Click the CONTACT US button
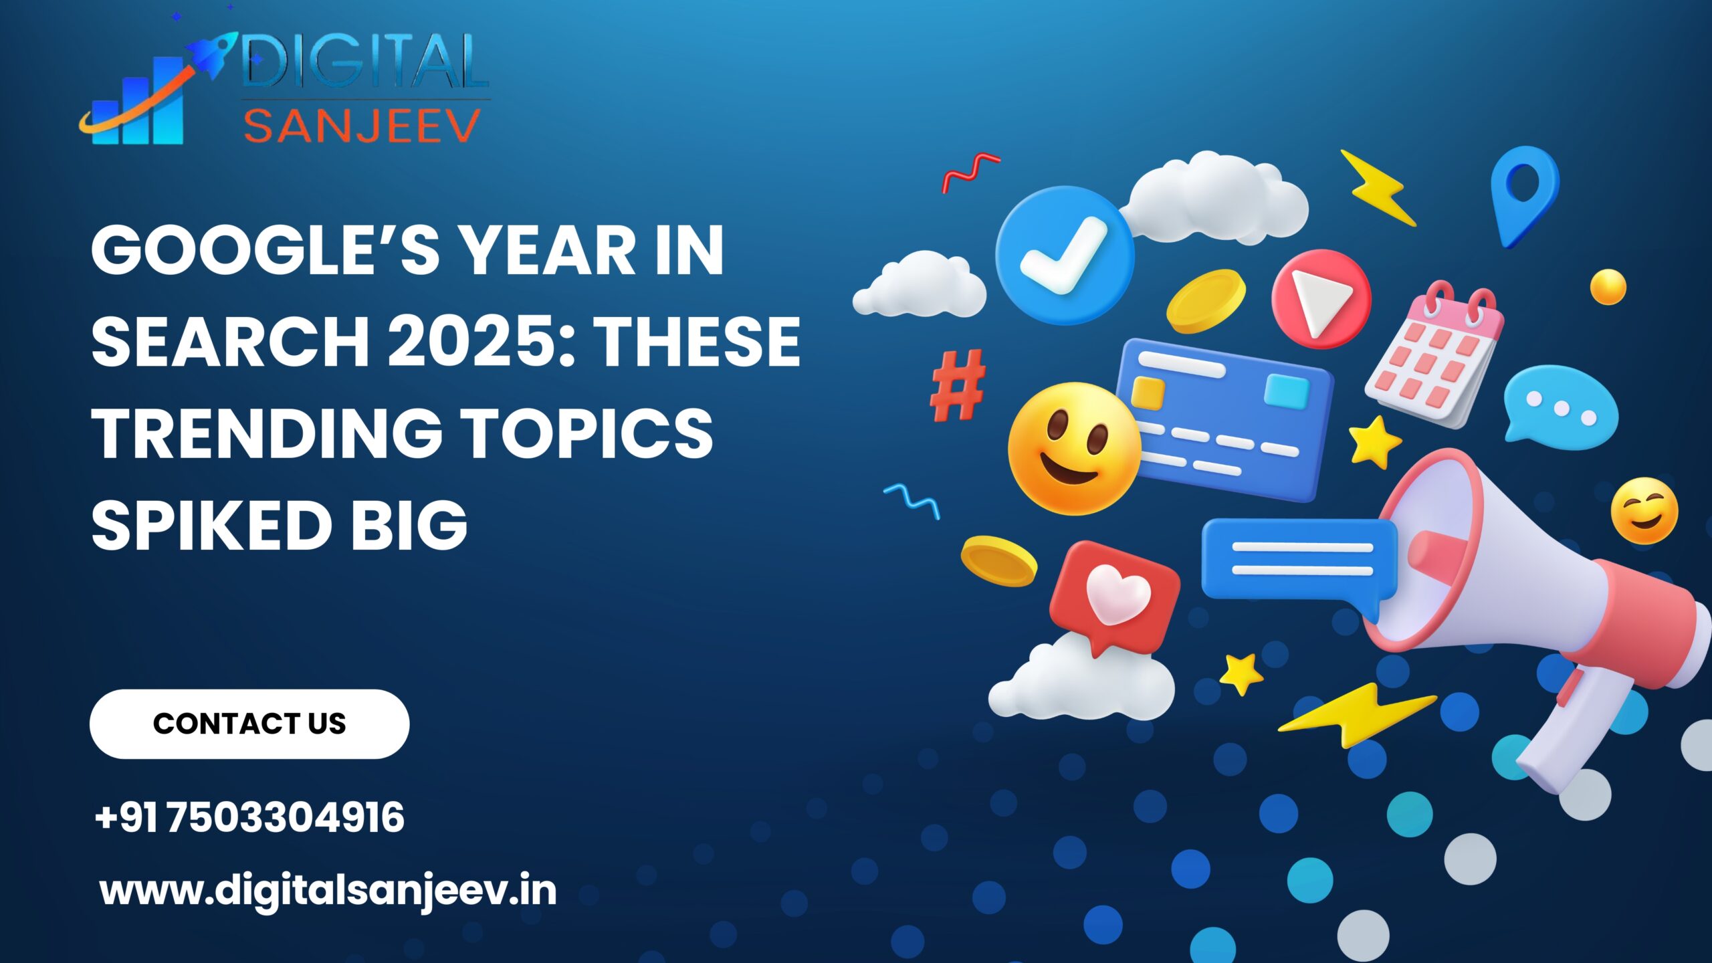249,724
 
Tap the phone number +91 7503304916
249,817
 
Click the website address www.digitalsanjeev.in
328,891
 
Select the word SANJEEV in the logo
362,126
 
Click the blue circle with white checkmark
1064,255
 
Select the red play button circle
1321,298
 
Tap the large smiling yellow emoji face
1073,448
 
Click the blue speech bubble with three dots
1560,405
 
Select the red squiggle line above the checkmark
970,171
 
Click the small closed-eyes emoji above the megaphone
1644,511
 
